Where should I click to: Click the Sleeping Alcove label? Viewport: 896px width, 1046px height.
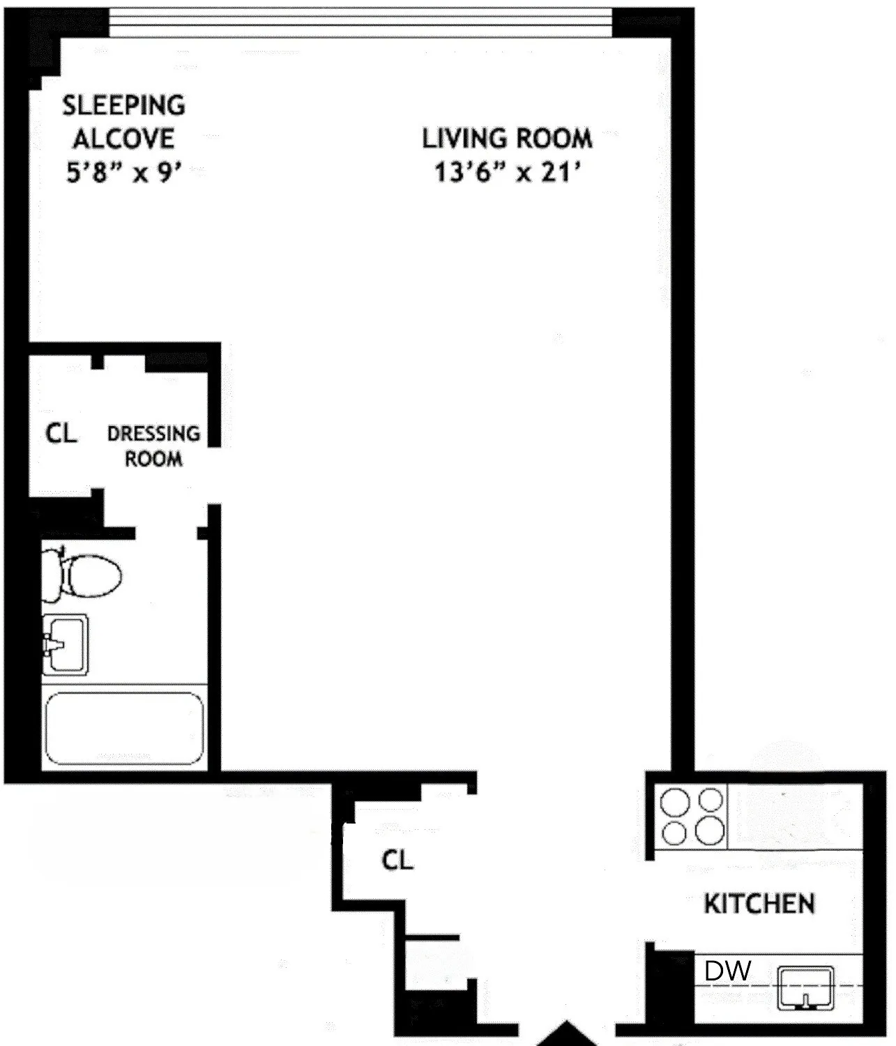tap(124, 122)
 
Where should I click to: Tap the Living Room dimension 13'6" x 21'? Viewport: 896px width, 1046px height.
tap(508, 171)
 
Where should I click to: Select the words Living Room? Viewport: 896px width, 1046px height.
tap(508, 139)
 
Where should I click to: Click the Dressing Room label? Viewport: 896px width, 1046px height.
tap(153, 446)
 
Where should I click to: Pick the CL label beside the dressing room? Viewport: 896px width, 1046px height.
tap(61, 434)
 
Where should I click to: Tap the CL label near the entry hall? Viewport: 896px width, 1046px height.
tap(397, 860)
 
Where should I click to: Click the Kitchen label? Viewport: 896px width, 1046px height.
tap(759, 904)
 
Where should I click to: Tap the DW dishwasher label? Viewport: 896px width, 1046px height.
tap(727, 971)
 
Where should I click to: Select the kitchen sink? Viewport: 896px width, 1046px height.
tap(806, 987)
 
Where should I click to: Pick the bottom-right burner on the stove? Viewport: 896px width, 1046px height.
tap(710, 831)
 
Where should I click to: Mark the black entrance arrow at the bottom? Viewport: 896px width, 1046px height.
tap(566, 1034)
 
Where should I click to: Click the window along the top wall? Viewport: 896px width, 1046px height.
tap(360, 26)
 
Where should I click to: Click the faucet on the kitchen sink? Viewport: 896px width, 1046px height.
tap(806, 1002)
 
